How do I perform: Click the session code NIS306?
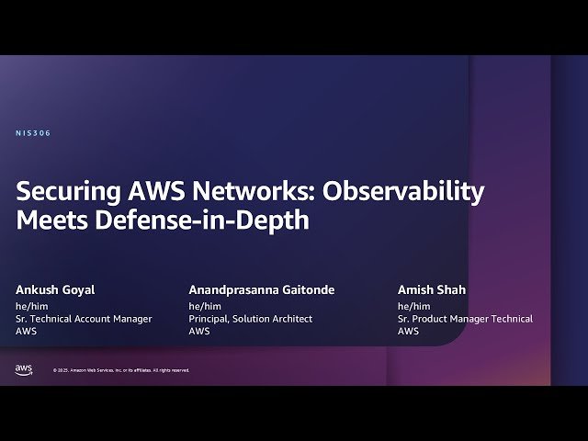point(33,133)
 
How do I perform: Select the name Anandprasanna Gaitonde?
point(262,290)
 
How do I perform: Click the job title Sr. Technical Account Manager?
point(84,319)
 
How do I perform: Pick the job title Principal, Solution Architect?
point(251,319)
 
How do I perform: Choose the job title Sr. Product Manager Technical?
point(465,319)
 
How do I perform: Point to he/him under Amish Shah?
point(413,306)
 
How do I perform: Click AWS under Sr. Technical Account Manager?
point(27,332)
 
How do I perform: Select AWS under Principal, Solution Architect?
point(199,332)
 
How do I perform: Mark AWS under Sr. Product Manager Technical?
point(409,332)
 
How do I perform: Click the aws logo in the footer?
point(24,368)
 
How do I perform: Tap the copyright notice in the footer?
point(121,370)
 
